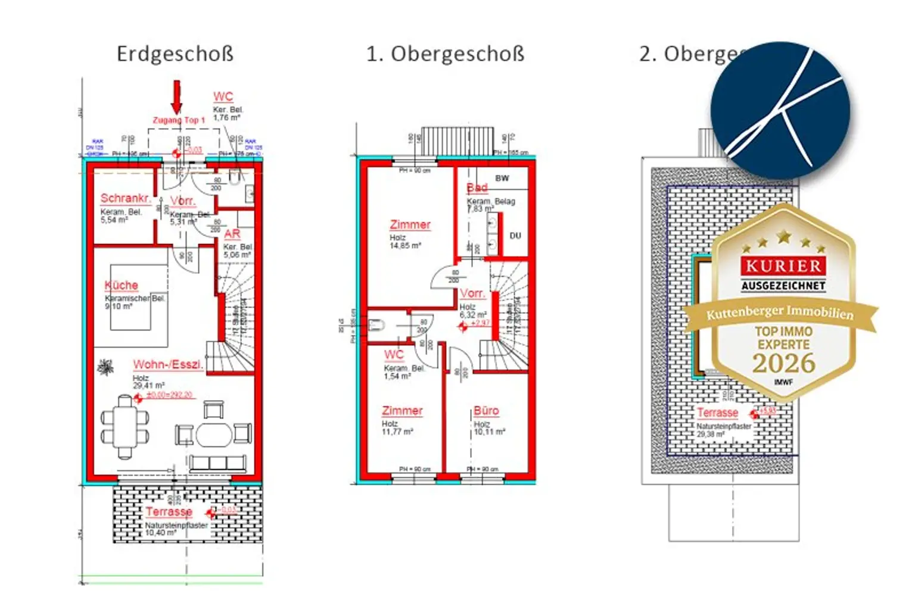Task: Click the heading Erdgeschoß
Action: pyautogui.click(x=175, y=54)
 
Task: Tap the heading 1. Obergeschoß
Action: pyautogui.click(x=445, y=54)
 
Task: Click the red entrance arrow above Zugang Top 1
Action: pyautogui.click(x=176, y=96)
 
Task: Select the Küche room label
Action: pyautogui.click(x=121, y=285)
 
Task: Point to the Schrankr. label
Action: pyautogui.click(x=125, y=198)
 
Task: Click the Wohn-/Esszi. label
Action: pyautogui.click(x=168, y=364)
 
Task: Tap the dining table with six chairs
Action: pyautogui.click(x=125, y=427)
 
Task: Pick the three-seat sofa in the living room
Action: pyautogui.click(x=217, y=463)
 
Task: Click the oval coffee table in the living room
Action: pyautogui.click(x=214, y=434)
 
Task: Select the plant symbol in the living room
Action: pyautogui.click(x=105, y=367)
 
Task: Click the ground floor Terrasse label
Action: pyautogui.click(x=169, y=511)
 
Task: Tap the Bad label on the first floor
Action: pyautogui.click(x=477, y=188)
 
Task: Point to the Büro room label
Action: pyautogui.click(x=486, y=411)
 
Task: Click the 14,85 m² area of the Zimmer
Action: pyautogui.click(x=405, y=245)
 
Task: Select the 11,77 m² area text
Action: pyautogui.click(x=397, y=432)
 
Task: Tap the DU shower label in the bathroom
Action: pyautogui.click(x=515, y=236)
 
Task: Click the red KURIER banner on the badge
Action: pyautogui.click(x=783, y=266)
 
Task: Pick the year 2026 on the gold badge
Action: pyautogui.click(x=783, y=363)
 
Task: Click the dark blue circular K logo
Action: pyautogui.click(x=780, y=110)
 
